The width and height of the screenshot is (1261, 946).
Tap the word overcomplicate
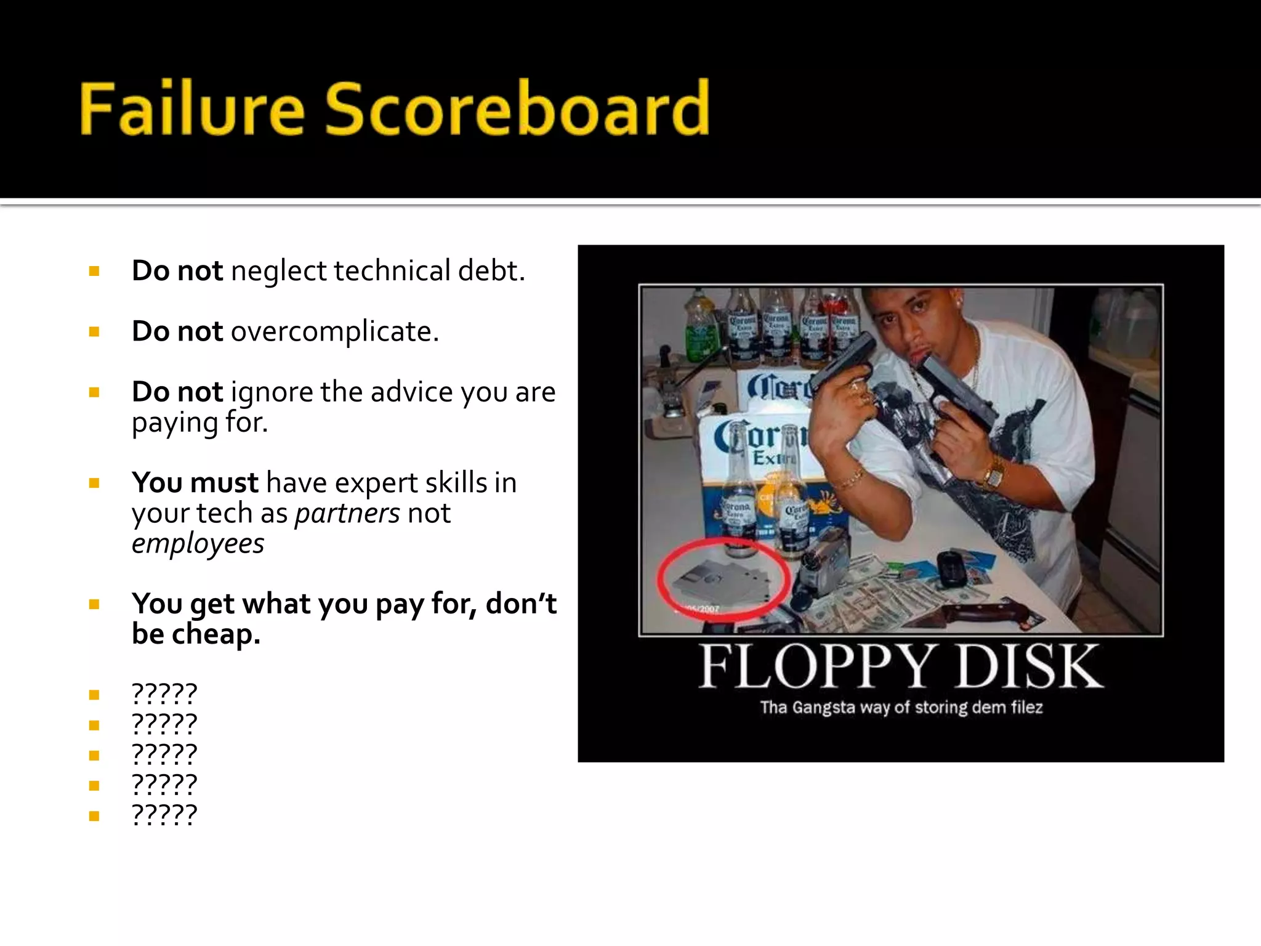click(x=334, y=331)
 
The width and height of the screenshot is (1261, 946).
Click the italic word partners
click(x=347, y=513)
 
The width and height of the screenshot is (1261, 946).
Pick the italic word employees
click(x=198, y=543)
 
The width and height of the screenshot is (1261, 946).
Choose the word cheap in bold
click(x=216, y=634)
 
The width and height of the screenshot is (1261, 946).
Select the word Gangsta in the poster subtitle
click(x=824, y=707)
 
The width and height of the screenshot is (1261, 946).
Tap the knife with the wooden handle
click(x=985, y=613)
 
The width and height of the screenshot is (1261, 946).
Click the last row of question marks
click(x=164, y=815)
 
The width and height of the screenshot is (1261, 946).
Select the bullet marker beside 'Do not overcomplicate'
click(x=94, y=332)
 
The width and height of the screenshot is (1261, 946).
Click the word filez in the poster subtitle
click(x=1026, y=707)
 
